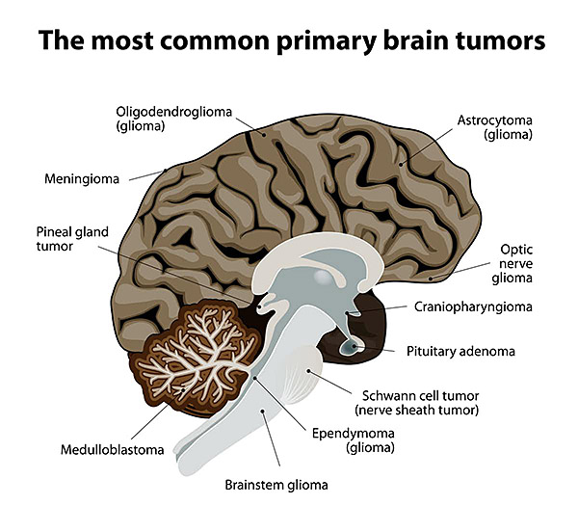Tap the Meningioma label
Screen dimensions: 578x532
coord(82,179)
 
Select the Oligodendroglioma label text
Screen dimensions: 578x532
coord(173,112)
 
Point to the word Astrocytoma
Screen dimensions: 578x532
coord(495,120)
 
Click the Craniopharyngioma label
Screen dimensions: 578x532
coord(473,307)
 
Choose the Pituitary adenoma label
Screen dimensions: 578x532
coord(460,352)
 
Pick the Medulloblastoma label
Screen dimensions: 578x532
coord(112,450)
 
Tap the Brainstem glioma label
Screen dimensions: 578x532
coord(276,485)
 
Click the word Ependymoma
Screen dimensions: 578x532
coord(354,434)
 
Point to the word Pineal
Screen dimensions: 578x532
coord(53,232)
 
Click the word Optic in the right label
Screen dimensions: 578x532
coord(516,250)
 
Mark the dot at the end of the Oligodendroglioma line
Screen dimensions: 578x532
coord(264,135)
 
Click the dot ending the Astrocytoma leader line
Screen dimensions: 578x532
coord(401,165)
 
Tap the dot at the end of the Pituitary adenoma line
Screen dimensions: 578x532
coord(355,346)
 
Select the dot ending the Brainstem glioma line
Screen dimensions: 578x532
coord(262,411)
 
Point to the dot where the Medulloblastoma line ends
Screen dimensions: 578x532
coord(183,389)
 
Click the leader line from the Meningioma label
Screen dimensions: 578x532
coord(147,175)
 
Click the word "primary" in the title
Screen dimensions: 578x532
coord(326,41)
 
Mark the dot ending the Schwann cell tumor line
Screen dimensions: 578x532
coord(309,370)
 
